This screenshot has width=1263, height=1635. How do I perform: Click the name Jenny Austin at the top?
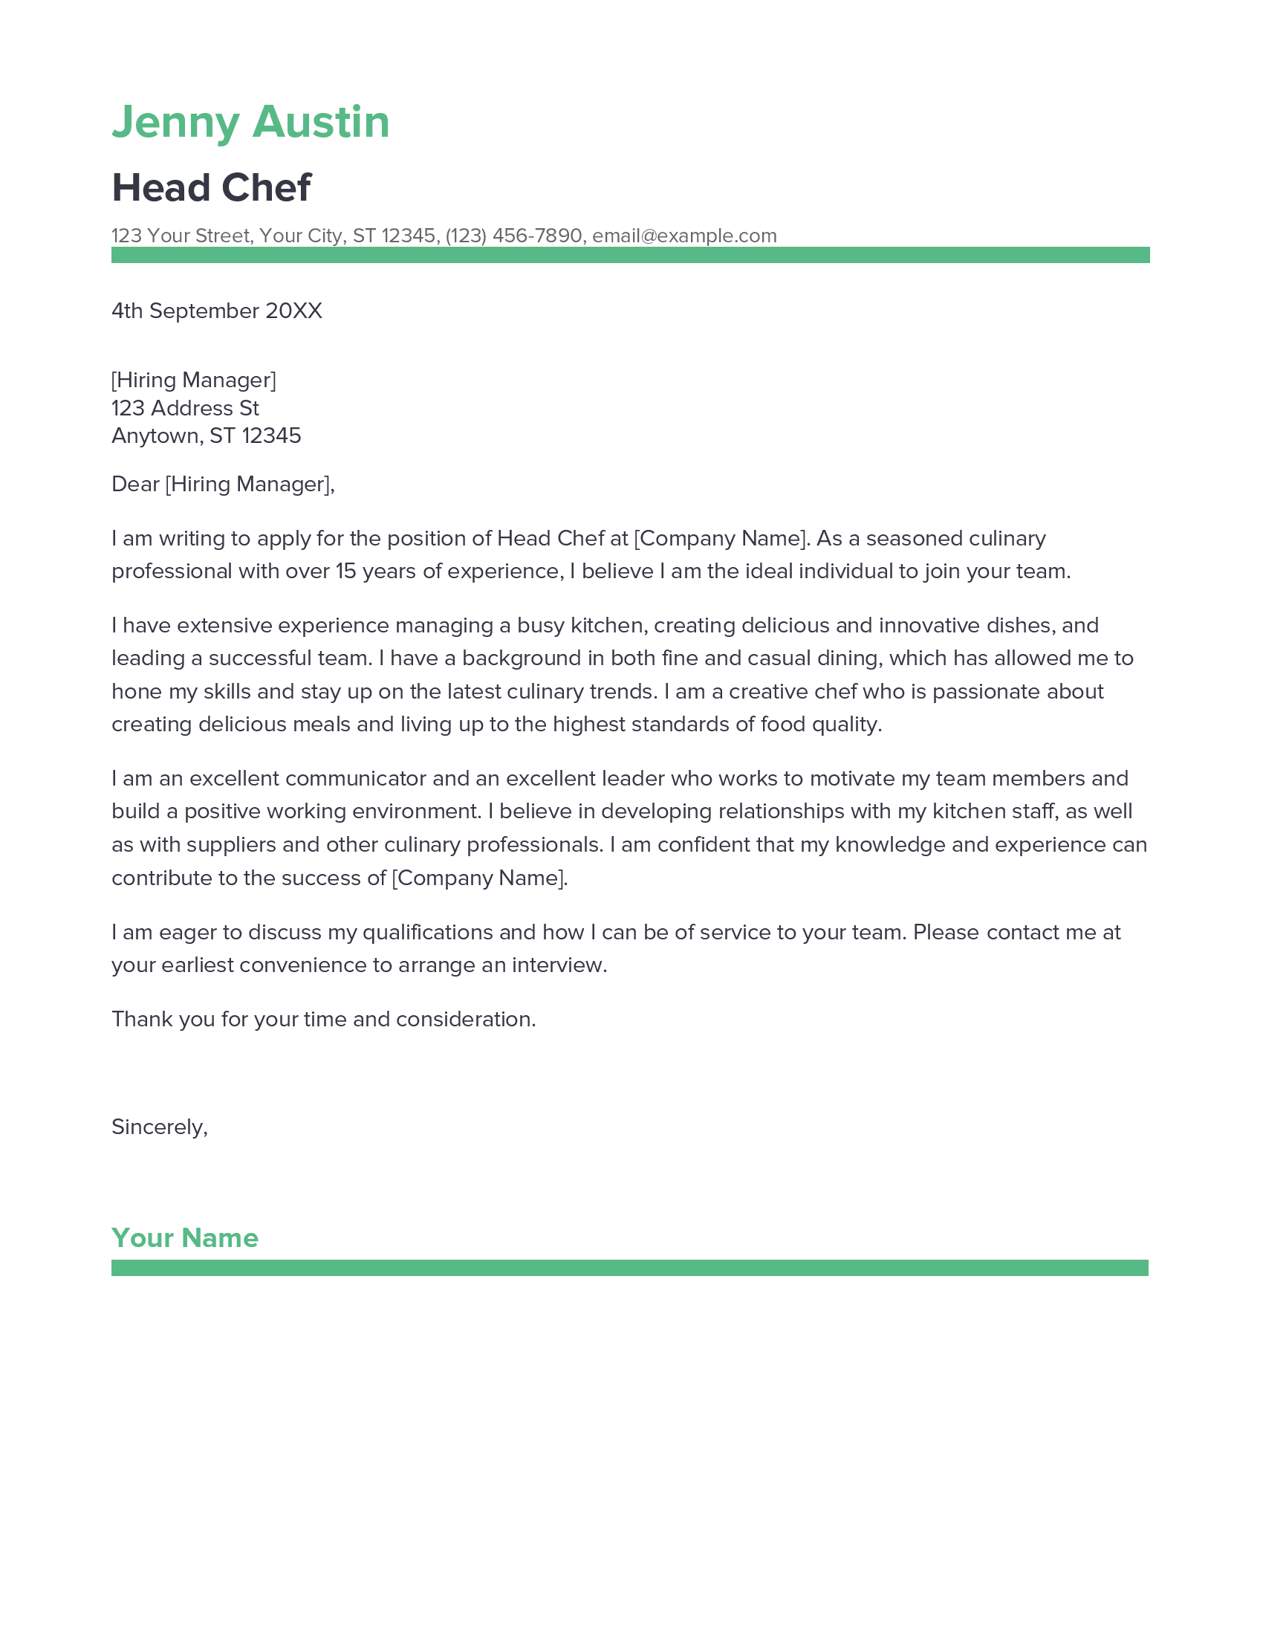click(x=250, y=122)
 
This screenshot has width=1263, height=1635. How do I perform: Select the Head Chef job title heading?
click(x=211, y=187)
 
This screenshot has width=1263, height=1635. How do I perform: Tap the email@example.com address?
click(x=684, y=236)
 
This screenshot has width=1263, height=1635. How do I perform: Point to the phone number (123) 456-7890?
click(x=513, y=236)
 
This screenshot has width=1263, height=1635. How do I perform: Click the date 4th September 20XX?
click(x=216, y=311)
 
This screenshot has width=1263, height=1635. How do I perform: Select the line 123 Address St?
click(x=185, y=408)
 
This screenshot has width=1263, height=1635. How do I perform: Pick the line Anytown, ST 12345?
click(x=206, y=436)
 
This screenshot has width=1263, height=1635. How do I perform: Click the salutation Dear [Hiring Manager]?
click(x=223, y=485)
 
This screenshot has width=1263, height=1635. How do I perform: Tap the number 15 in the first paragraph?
click(x=345, y=572)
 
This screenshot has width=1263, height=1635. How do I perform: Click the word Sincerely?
click(x=159, y=1127)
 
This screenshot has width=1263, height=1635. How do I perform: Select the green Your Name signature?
click(x=185, y=1238)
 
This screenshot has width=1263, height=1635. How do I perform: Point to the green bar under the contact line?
click(x=630, y=254)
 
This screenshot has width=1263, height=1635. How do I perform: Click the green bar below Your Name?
click(x=629, y=1267)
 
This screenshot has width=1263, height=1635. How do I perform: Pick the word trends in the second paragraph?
click(x=623, y=691)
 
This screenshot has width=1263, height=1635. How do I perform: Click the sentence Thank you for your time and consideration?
click(x=323, y=1019)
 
